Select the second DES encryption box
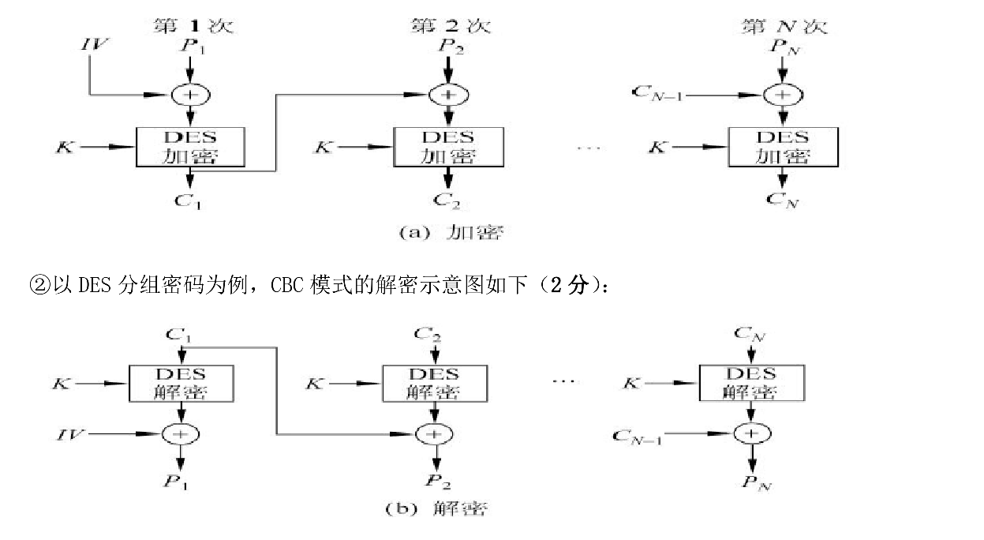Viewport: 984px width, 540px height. pyautogui.click(x=447, y=146)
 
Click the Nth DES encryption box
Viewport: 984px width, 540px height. pyautogui.click(x=782, y=146)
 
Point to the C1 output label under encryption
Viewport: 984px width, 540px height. pyautogui.click(x=189, y=201)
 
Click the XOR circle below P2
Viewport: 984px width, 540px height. pyautogui.click(x=447, y=95)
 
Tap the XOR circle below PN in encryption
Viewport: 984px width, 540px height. pyautogui.click(x=782, y=95)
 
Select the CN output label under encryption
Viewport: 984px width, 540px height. pyautogui.click(x=782, y=201)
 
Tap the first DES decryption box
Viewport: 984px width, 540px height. pyautogui.click(x=182, y=382)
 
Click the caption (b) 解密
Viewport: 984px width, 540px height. pyautogui.click(x=436, y=508)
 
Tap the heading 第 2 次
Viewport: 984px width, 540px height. pyautogui.click(x=451, y=25)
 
